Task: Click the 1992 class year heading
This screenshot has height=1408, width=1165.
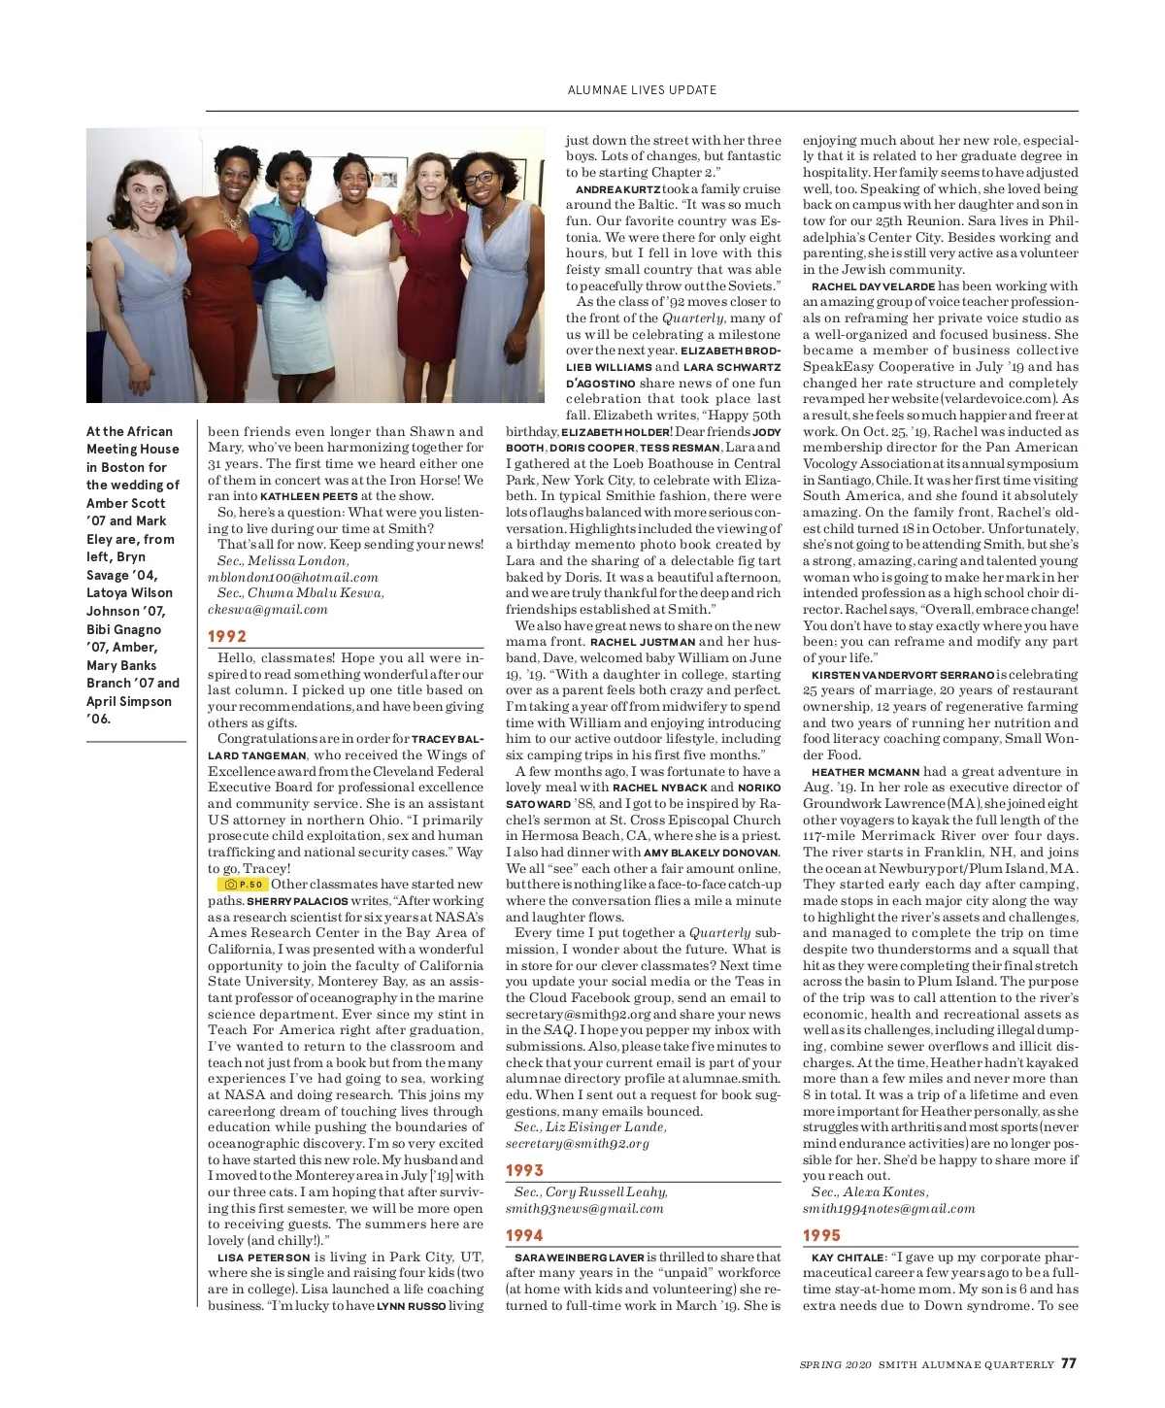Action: [227, 637]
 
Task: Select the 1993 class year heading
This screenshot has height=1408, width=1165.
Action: [524, 1171]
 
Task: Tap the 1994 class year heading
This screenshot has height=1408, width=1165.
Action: [524, 1236]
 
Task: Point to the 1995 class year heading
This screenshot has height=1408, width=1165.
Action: [821, 1236]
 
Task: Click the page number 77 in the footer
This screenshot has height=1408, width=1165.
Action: [1068, 1363]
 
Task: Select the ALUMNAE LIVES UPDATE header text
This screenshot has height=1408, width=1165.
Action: [642, 90]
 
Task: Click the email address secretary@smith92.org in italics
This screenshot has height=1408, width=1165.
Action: [578, 1144]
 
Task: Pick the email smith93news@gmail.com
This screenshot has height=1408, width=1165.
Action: [584, 1209]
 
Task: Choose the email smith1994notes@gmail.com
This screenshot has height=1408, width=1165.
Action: [888, 1209]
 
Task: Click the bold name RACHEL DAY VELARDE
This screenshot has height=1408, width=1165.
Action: [873, 286]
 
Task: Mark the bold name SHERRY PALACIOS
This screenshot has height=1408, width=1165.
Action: [297, 901]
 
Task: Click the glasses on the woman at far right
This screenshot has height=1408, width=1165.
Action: [480, 179]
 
